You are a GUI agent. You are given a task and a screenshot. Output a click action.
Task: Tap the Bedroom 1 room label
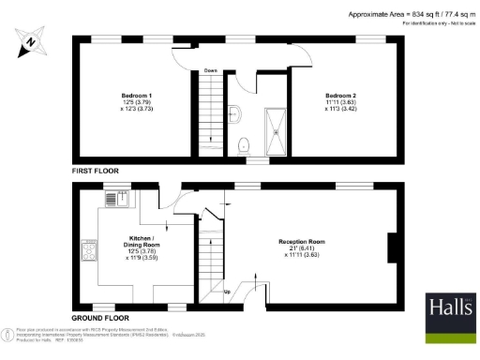pyautogui.click(x=136, y=96)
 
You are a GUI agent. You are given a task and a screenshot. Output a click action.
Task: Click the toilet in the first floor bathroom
pyautogui.click(x=243, y=144)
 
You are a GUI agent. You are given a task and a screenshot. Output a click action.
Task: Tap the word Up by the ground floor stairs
pyautogui.click(x=226, y=291)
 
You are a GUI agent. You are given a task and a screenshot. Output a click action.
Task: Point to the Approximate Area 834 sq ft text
pyautogui.click(x=409, y=14)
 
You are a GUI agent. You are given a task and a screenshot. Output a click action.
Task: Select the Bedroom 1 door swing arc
pyautogui.click(x=183, y=56)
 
